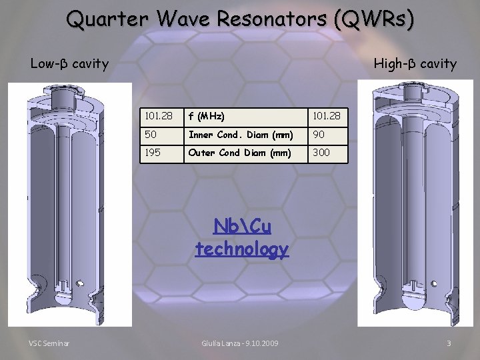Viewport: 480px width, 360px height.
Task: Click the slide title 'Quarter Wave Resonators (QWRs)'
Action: click(x=240, y=19)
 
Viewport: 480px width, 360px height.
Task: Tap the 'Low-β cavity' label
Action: click(x=69, y=64)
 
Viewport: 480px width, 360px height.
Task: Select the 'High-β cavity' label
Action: click(x=415, y=64)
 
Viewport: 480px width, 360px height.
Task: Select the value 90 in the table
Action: click(x=319, y=135)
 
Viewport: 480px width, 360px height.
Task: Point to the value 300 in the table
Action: click(x=321, y=153)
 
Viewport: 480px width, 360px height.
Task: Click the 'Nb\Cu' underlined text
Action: click(x=242, y=227)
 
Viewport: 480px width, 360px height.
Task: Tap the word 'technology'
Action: click(x=242, y=249)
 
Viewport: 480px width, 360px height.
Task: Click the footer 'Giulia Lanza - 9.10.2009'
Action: click(x=240, y=343)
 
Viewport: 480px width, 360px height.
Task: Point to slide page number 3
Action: click(x=449, y=343)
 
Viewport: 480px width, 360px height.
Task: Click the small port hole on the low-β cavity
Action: click(x=79, y=283)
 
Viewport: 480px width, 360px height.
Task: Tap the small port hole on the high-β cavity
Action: click(x=434, y=283)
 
